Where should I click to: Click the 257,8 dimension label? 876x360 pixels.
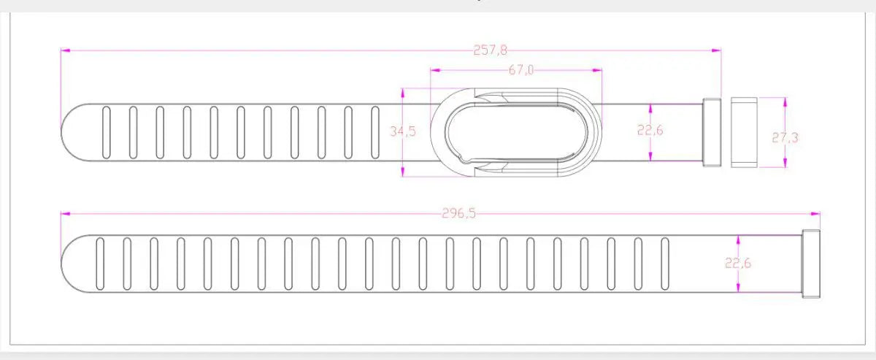[490, 50]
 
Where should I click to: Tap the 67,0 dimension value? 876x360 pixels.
[521, 70]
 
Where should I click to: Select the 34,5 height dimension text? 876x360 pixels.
[403, 131]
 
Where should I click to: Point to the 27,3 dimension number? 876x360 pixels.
[785, 138]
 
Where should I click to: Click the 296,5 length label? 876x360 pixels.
[458, 214]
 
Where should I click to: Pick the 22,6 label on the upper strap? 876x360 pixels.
[650, 130]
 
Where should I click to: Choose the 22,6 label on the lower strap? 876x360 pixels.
[738, 264]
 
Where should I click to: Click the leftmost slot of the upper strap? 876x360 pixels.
[106, 132]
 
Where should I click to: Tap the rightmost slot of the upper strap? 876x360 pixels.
[375, 132]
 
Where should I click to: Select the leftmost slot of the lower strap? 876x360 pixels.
[100, 264]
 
